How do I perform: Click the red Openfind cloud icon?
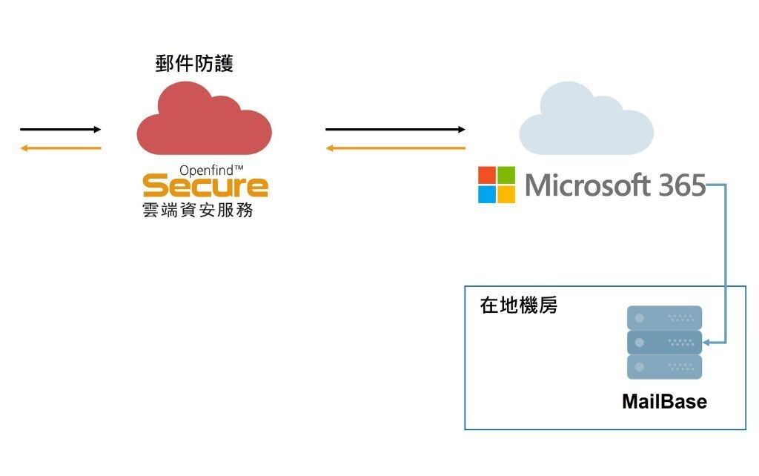click(204, 122)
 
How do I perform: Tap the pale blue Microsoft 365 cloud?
click(586, 122)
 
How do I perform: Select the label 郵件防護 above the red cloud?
click(194, 65)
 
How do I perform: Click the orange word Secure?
click(205, 185)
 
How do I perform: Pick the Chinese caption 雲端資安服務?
click(198, 210)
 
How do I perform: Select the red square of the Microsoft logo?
click(486, 175)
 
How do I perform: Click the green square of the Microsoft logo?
click(506, 175)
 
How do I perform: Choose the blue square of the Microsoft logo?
click(486, 194)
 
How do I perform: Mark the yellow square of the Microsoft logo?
click(506, 194)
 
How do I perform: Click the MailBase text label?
click(664, 402)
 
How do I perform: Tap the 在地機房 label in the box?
click(519, 305)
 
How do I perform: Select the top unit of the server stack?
click(664, 317)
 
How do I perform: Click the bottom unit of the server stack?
click(664, 367)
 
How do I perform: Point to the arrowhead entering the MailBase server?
click(706, 343)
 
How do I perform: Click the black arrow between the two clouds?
click(395, 130)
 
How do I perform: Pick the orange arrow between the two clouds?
click(395, 148)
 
